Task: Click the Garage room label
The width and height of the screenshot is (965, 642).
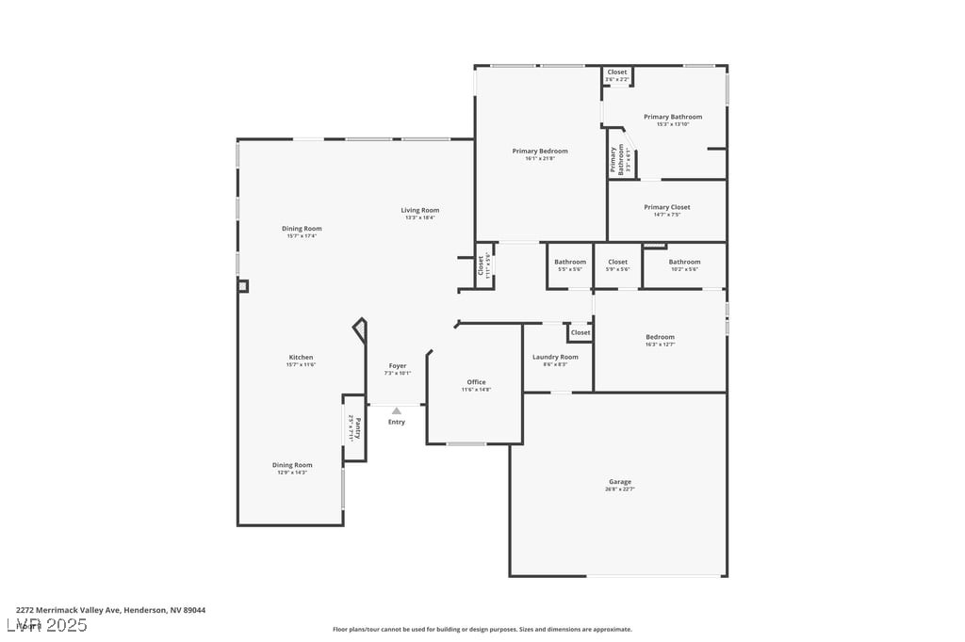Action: (x=619, y=482)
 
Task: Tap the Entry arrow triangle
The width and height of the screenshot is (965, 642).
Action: (x=397, y=410)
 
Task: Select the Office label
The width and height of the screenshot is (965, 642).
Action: (x=476, y=382)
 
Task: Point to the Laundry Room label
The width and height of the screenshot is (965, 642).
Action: (x=555, y=357)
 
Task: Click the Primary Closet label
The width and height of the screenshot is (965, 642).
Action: (x=667, y=207)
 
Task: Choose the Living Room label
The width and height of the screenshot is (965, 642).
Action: (x=420, y=210)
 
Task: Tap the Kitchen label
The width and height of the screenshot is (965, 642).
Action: (x=301, y=357)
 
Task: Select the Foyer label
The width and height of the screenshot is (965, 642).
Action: (x=398, y=365)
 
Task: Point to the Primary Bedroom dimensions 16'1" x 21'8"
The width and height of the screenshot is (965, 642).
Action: (x=540, y=158)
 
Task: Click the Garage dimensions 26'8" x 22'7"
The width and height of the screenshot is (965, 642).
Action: (x=619, y=490)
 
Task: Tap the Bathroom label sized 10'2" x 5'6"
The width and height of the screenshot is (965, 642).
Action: (x=684, y=262)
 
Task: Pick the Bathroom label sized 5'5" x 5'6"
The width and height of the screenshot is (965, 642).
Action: (x=570, y=262)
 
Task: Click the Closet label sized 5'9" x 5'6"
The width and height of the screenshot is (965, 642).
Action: (x=617, y=262)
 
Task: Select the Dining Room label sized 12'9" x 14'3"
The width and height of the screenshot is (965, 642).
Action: (x=292, y=465)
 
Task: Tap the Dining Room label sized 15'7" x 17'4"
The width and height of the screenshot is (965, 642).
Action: (x=302, y=228)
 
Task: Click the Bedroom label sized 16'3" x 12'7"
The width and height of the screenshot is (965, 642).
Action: (x=660, y=337)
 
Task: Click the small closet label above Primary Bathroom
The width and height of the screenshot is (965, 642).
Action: (x=617, y=72)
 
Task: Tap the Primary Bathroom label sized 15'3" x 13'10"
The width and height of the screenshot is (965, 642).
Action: (x=673, y=117)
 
